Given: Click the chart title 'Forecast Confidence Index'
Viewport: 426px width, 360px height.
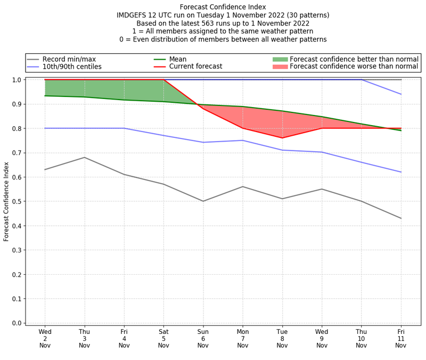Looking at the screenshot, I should point(223,7).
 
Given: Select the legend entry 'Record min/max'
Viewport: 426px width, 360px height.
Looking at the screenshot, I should point(69,59).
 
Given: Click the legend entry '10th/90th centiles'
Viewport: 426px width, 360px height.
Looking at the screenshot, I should point(72,67).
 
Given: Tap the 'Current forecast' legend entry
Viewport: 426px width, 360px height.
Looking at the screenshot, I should point(195,67).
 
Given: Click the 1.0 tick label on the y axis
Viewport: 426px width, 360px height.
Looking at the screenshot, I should point(17,80).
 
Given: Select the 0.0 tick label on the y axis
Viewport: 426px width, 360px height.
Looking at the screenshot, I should point(17,323).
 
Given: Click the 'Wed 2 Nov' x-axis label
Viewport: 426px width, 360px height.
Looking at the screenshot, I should point(45,338).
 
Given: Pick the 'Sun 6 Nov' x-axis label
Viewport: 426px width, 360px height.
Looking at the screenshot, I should point(203,338).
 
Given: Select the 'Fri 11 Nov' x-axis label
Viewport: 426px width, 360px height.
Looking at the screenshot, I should point(401,338).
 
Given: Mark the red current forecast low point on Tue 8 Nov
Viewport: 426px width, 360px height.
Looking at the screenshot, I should point(282,138).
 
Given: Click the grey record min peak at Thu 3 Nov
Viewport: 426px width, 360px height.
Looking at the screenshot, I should point(85,157).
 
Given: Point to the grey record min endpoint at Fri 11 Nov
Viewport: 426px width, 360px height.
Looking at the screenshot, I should point(401,218).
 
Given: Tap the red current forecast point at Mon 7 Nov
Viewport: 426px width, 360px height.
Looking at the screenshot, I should point(243,128).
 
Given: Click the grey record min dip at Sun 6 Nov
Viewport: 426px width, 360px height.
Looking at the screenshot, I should point(203,201).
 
